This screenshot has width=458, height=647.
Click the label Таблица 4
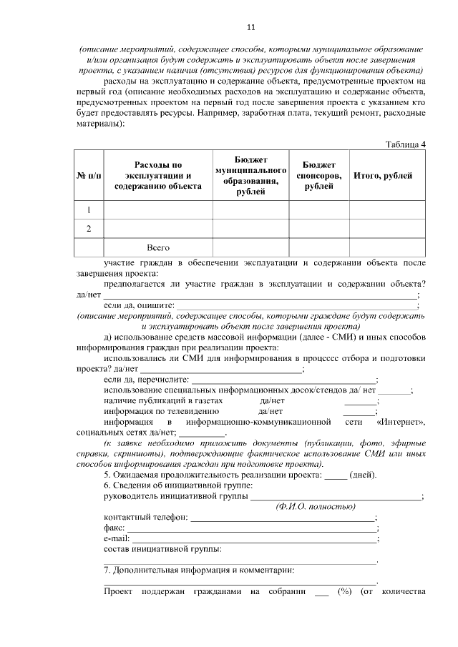pyautogui.click(x=406, y=144)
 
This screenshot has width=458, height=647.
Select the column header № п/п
pyautogui.click(x=89, y=176)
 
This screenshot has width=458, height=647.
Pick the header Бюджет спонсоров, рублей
pyautogui.click(x=318, y=176)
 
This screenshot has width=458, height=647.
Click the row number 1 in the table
pyautogui.click(x=89, y=209)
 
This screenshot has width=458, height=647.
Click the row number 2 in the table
pyautogui.click(x=89, y=229)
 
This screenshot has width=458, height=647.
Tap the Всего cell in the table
pyautogui.click(x=158, y=247)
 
